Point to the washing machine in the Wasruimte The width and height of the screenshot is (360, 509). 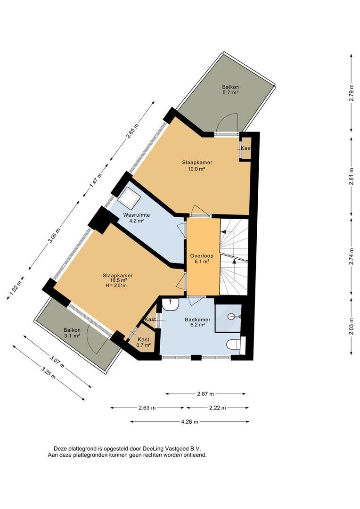(129, 198)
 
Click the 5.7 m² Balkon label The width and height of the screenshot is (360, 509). (230, 90)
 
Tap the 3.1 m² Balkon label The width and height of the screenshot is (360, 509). (72, 333)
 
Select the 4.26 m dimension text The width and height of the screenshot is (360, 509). (189, 422)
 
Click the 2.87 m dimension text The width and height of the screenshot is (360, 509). (205, 394)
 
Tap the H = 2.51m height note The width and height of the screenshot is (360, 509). (116, 286)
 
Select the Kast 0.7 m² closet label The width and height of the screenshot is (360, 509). (143, 342)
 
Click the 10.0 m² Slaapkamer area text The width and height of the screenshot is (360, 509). (197, 169)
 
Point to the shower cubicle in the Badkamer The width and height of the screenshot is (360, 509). (228, 318)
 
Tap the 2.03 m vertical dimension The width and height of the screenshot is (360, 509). (351, 327)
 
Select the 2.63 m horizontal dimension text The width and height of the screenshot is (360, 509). (147, 408)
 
